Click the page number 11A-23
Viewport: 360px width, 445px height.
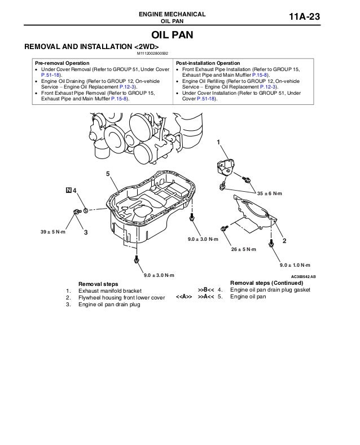pos(304,17)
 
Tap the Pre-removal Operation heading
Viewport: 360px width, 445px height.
pos(62,63)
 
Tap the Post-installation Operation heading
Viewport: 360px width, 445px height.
pos(208,63)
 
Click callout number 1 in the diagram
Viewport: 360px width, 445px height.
pos(219,142)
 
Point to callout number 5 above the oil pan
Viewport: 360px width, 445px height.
pos(107,173)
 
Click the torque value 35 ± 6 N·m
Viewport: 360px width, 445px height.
pos(269,193)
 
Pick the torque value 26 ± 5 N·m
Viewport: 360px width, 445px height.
pos(243,249)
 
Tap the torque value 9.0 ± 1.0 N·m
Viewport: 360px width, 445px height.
pos(295,265)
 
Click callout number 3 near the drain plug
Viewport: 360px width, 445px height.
pos(86,232)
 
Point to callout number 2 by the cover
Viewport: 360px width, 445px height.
pos(284,241)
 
